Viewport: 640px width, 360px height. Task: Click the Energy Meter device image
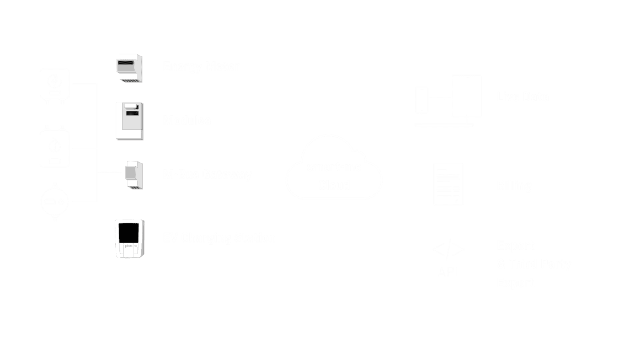[130, 68]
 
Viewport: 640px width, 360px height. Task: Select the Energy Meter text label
[201, 67]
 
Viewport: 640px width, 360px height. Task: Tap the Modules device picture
[130, 121]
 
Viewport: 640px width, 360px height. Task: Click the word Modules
[187, 121]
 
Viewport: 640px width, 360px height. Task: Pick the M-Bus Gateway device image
[134, 175]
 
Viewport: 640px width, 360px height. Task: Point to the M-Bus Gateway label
[207, 175]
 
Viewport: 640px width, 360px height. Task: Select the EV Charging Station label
[219, 238]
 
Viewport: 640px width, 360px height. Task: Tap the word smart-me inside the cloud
[334, 167]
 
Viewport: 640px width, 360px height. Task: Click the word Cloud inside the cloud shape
[334, 185]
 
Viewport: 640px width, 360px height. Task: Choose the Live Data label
[522, 97]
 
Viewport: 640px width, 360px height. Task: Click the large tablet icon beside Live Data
[466, 96]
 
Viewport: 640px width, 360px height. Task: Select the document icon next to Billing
[449, 184]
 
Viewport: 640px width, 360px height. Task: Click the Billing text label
[514, 186]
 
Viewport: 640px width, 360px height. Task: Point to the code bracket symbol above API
[448, 250]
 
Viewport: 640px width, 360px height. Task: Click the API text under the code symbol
[448, 272]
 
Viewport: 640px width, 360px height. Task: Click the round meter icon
[55, 202]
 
